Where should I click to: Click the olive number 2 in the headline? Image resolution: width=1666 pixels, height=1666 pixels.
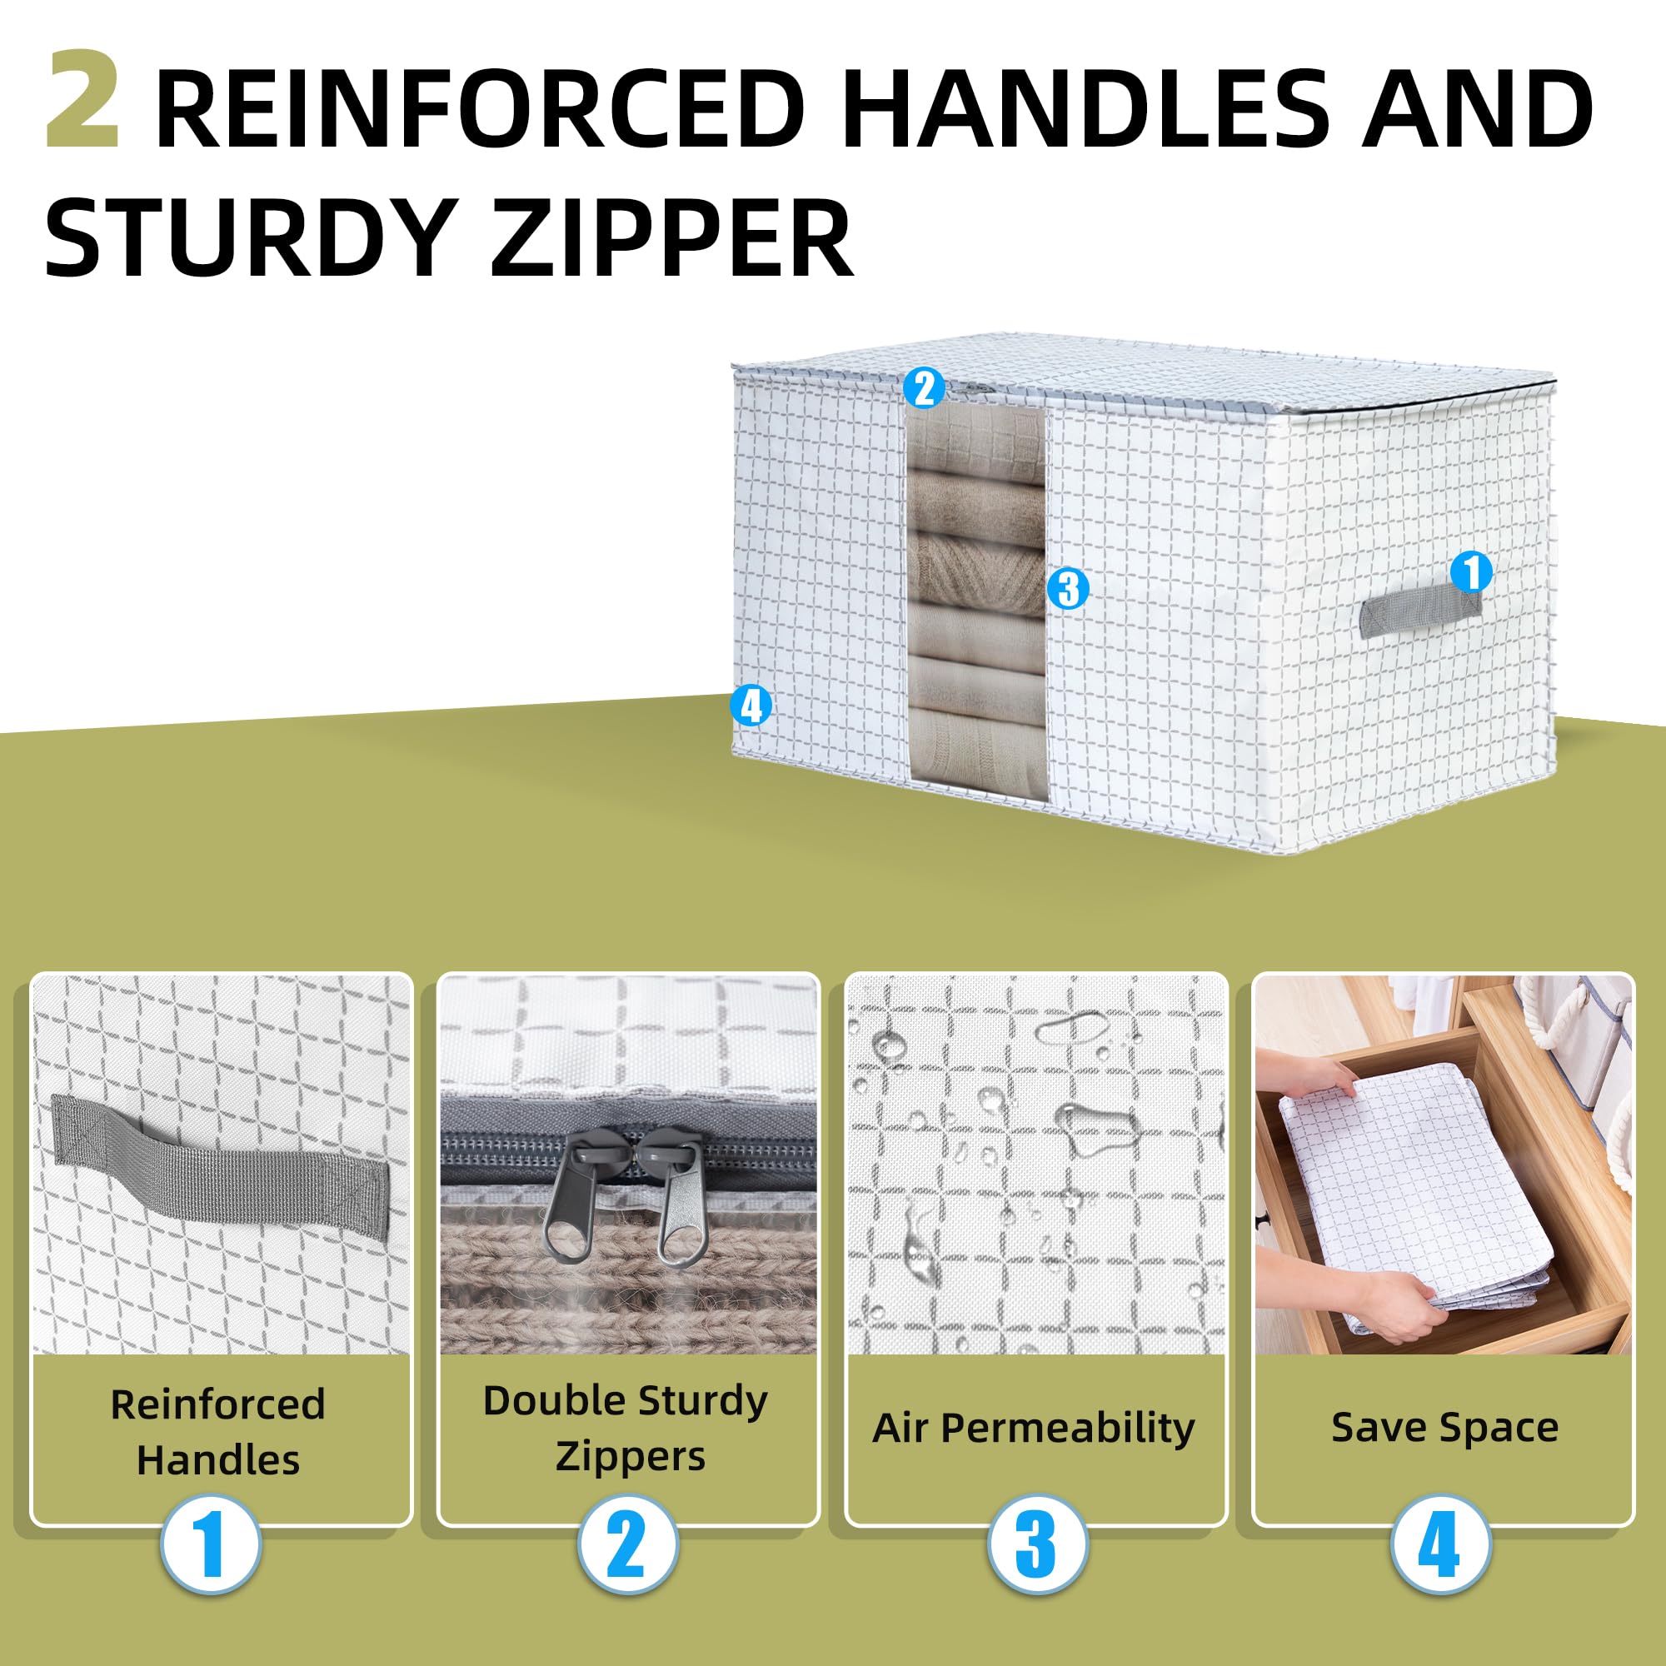click(82, 102)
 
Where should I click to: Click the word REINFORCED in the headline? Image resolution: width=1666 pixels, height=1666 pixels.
click(481, 112)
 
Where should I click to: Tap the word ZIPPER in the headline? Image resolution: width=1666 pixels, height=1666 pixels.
click(673, 238)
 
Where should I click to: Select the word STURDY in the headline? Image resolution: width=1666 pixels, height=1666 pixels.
click(251, 238)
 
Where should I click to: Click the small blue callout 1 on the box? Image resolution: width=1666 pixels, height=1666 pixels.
click(1471, 571)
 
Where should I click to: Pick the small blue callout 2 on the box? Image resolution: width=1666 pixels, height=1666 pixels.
click(925, 388)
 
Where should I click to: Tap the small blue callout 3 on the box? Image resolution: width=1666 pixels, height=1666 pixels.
click(1069, 589)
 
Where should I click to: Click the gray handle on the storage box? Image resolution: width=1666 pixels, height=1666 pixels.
click(1420, 611)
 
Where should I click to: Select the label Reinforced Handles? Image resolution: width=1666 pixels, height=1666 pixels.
click(218, 1432)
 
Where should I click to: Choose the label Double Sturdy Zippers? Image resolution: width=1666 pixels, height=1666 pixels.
click(626, 1429)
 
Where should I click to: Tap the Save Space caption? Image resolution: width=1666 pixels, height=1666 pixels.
click(1444, 1427)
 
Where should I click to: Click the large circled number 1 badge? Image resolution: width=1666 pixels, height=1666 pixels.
click(211, 1544)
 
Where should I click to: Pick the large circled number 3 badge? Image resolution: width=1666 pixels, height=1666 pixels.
click(1036, 1544)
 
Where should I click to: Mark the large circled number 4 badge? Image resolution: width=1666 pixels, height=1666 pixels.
click(1440, 1544)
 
